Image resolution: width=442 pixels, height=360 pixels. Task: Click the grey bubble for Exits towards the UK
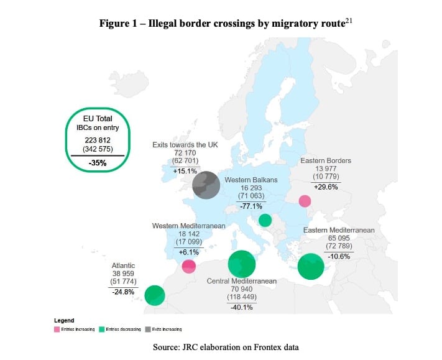pos(206,185)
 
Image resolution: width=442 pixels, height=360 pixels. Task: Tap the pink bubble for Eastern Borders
pos(305,201)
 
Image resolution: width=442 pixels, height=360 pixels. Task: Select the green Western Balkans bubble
pos(265,220)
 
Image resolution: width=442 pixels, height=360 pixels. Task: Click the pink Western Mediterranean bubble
pos(189,266)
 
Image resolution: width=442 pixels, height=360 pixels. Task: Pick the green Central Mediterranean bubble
pos(241,264)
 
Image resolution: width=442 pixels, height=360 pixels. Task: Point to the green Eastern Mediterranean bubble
pos(311,267)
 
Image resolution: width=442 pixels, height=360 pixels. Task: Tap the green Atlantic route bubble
pos(154,295)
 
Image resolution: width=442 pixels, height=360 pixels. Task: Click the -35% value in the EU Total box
pos(98,164)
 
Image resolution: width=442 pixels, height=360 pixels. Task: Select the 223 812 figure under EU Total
pos(98,141)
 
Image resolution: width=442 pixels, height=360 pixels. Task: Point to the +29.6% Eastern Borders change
pos(326,187)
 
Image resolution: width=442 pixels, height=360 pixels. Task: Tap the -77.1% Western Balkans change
pos(251,205)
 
